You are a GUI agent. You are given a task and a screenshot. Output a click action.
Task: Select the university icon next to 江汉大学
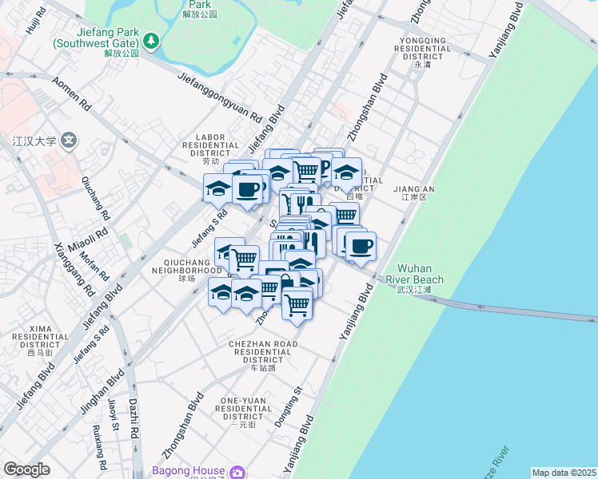tap(70, 141)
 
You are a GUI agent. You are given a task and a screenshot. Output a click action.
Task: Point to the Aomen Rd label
tap(71, 93)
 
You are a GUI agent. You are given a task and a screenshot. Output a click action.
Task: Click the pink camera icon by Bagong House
tap(237, 473)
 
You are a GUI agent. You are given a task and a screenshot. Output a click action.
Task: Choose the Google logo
tap(26, 469)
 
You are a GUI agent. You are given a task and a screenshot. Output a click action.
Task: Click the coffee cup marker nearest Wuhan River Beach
tap(361, 245)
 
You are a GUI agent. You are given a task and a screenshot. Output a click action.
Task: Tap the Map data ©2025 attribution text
tap(564, 473)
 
